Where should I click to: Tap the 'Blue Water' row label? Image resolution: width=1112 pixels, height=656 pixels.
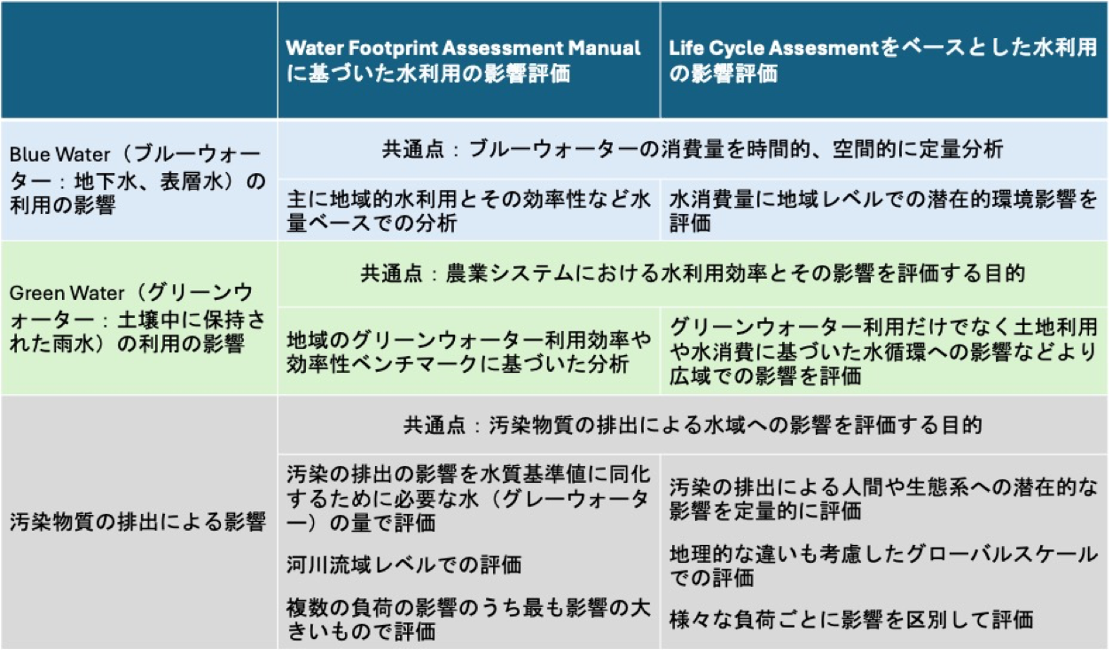click(137, 180)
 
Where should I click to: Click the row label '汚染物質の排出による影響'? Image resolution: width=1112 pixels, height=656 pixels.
click(137, 521)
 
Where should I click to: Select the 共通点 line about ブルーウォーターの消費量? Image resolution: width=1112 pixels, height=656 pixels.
click(692, 149)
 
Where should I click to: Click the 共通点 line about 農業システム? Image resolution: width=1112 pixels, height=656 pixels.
click(692, 273)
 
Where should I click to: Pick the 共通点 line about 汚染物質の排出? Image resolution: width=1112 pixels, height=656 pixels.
click(692, 425)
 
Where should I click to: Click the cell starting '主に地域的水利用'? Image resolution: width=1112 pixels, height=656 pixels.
click(469, 210)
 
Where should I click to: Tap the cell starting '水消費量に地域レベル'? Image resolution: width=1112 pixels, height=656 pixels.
click(883, 210)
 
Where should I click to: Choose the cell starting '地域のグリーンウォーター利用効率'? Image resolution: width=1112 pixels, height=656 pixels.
click(469, 351)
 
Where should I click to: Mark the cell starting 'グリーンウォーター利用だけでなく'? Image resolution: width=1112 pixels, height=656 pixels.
click(883, 351)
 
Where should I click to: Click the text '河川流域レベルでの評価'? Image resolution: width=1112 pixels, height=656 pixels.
click(403, 564)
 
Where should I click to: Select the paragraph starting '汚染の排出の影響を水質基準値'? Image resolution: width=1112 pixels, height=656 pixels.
click(467, 498)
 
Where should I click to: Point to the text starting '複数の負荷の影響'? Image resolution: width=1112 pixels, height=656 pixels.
click(467, 620)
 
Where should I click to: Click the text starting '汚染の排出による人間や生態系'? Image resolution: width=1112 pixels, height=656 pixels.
click(883, 498)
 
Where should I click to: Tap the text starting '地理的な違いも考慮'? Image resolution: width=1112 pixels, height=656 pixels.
click(883, 565)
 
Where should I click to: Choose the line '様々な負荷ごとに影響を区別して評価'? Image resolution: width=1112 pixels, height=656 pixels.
click(851, 619)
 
